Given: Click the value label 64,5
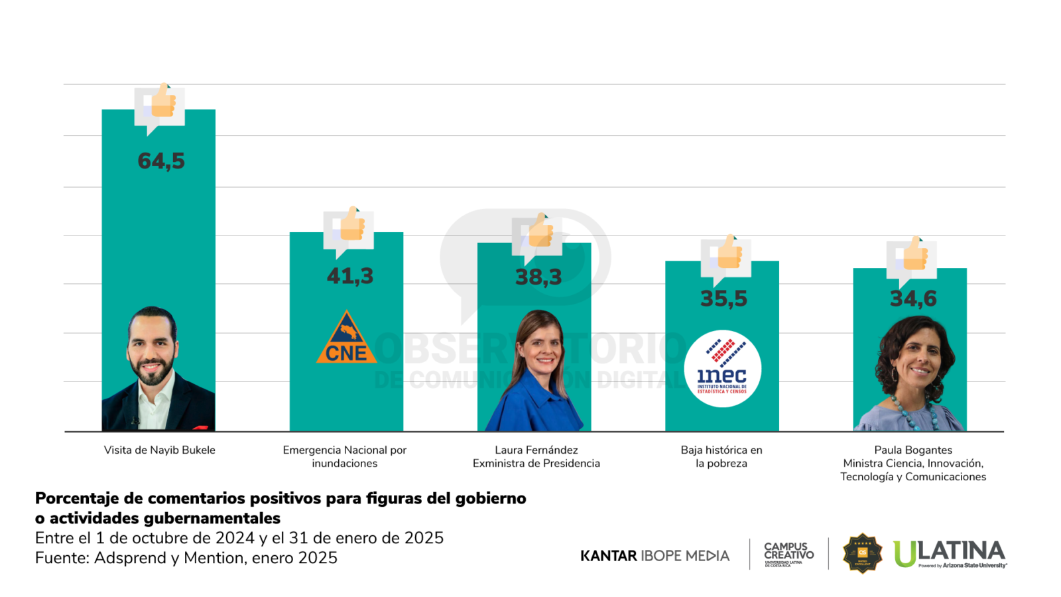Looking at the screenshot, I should click(161, 161).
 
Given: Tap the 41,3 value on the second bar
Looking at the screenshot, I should click(350, 276).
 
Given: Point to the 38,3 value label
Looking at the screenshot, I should click(538, 277).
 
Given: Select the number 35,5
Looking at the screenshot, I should click(723, 298).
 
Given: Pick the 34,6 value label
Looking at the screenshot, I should click(913, 298).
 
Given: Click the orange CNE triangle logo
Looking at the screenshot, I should click(346, 340).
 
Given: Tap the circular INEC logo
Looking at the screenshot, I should click(722, 369).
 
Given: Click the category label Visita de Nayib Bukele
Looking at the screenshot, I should click(160, 450).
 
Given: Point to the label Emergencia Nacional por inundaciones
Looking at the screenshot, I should click(345, 456).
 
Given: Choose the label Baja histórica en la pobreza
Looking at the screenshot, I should click(721, 456).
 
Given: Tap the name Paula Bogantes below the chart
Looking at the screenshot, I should click(913, 450).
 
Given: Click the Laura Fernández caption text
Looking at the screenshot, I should click(536, 450).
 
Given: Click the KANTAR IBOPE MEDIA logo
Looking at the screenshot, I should click(655, 556).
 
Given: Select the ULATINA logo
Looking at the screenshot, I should click(950, 554).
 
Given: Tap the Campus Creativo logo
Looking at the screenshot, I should click(788, 555).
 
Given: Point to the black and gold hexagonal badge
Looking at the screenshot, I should click(862, 553).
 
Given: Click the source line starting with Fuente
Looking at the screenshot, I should click(186, 558).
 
